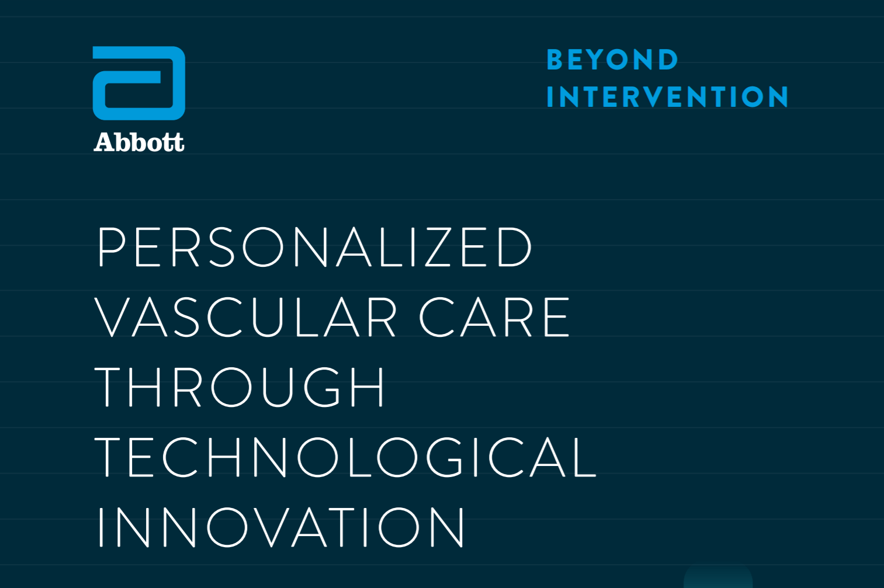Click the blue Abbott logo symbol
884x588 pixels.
(x=138, y=83)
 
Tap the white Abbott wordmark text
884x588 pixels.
(x=139, y=142)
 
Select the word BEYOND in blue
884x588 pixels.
(x=612, y=60)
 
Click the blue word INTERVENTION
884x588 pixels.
(x=667, y=97)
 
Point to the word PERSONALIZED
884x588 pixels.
(x=314, y=247)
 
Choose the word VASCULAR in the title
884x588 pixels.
(x=246, y=317)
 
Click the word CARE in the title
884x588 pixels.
(x=494, y=317)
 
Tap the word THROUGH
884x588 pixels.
(x=240, y=387)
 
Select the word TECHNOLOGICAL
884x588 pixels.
(x=346, y=457)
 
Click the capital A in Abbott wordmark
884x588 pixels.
(x=105, y=142)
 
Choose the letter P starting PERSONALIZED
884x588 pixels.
(x=111, y=247)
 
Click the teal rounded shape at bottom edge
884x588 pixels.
(x=717, y=577)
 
